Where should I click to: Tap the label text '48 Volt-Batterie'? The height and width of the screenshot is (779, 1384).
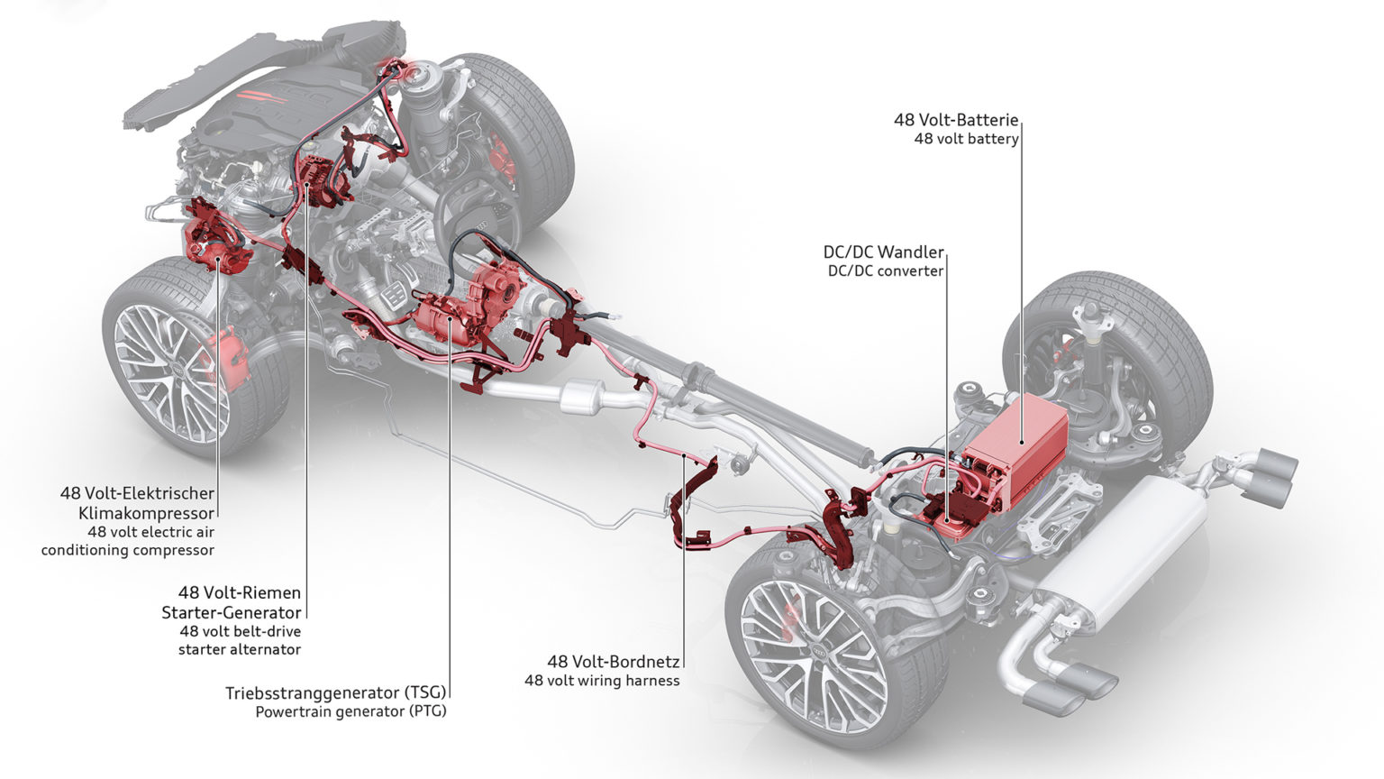pos(956,119)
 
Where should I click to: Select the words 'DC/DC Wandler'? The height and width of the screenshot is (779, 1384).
pos(883,252)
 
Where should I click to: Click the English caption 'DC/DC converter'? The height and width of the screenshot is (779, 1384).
pos(885,270)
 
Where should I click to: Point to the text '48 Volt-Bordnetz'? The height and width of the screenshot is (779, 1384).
pos(614,661)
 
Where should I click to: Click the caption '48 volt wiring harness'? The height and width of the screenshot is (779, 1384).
pos(602,680)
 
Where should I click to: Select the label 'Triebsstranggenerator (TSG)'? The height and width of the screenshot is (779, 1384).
pos(336,692)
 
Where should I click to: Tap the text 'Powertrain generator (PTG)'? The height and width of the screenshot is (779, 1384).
pos(351,711)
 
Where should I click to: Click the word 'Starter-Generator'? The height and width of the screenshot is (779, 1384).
pos(232,612)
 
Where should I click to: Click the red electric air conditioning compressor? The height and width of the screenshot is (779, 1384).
pos(216,243)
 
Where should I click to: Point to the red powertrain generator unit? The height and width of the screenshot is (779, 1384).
pos(451,311)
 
